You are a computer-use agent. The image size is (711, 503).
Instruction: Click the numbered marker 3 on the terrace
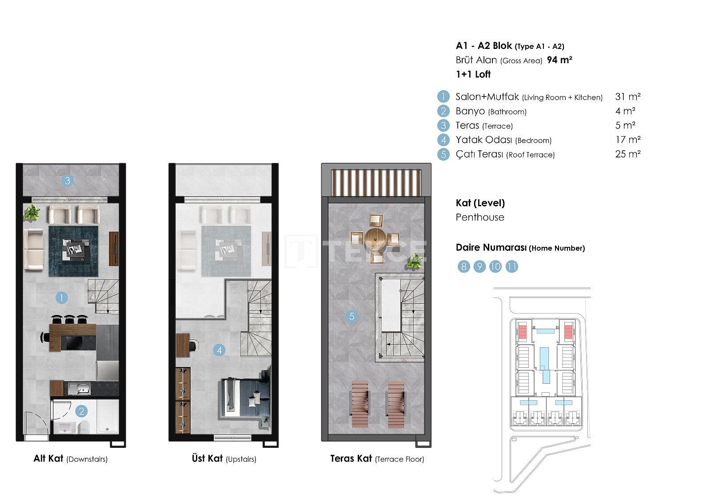click(x=67, y=181)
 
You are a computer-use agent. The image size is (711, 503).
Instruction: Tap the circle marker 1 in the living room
click(x=62, y=298)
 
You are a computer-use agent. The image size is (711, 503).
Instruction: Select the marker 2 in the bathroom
click(x=82, y=411)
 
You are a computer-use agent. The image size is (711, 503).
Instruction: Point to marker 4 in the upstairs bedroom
click(x=220, y=350)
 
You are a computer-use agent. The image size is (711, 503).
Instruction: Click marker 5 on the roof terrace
click(x=352, y=316)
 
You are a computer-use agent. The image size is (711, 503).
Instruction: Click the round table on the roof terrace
click(x=375, y=238)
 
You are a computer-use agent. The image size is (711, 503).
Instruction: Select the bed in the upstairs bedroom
click(x=245, y=397)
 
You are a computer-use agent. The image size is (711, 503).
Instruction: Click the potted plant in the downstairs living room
click(x=32, y=212)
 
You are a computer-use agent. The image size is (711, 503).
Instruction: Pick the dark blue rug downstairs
click(x=73, y=251)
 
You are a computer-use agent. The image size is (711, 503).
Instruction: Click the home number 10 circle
click(x=495, y=266)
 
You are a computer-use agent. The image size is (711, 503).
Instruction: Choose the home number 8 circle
click(x=464, y=266)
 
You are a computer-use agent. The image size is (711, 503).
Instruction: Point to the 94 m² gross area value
click(x=559, y=60)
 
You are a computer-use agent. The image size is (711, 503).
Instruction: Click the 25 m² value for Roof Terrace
click(x=628, y=154)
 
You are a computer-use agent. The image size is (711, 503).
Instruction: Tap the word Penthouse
click(x=480, y=217)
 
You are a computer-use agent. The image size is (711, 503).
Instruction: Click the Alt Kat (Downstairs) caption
click(x=71, y=459)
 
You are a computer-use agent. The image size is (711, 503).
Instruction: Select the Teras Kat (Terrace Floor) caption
click(x=377, y=459)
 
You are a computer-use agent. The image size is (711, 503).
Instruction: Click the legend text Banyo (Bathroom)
click(x=491, y=111)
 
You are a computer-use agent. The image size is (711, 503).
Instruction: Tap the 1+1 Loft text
click(x=473, y=74)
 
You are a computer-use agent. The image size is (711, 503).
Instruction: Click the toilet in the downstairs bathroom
click(x=85, y=427)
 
